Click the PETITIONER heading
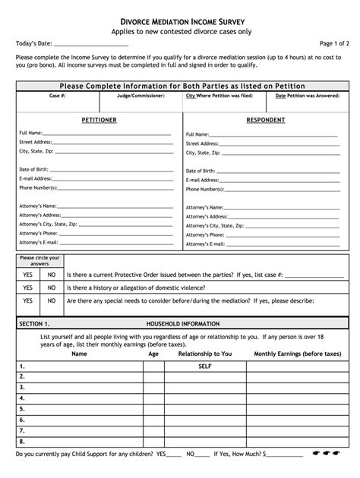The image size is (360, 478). pyautogui.click(x=99, y=120)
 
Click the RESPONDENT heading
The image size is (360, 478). pyautogui.click(x=265, y=120)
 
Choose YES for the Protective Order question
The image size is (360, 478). pyautogui.click(x=28, y=275)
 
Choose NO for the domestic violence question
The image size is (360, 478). pyautogui.click(x=52, y=288)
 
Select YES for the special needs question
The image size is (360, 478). pyautogui.click(x=28, y=301)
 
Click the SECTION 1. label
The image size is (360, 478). pyautogui.click(x=34, y=323)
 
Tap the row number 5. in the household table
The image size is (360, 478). pyautogui.click(x=22, y=408)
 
